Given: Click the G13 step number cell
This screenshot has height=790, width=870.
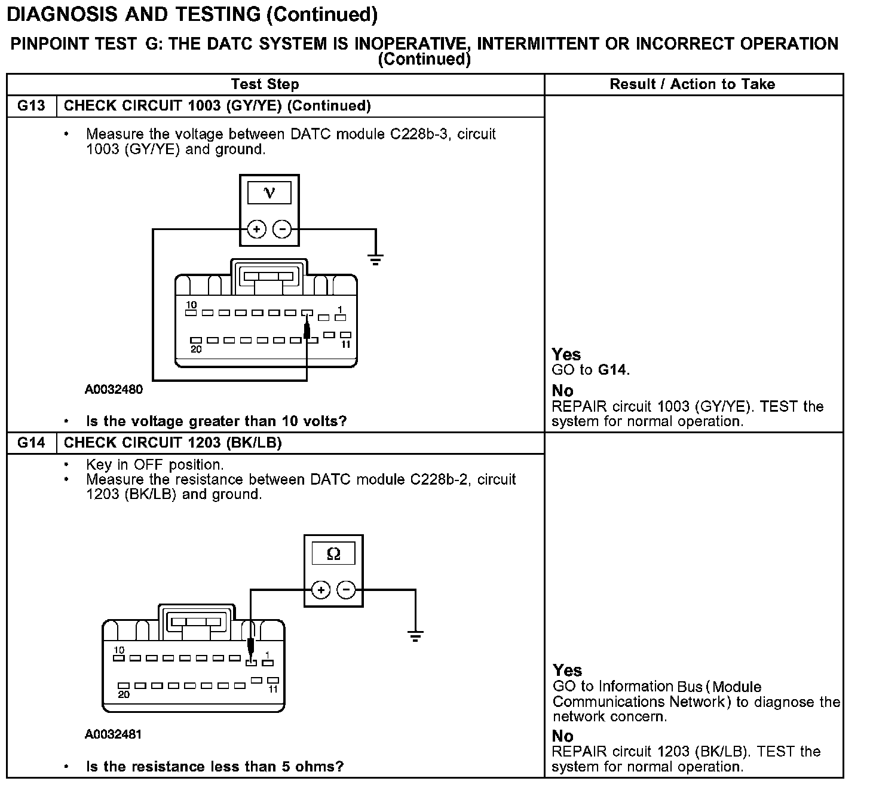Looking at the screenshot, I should [x=31, y=106].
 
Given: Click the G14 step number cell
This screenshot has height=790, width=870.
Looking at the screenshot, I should [x=31, y=443].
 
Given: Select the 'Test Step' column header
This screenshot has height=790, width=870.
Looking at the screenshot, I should [x=265, y=84].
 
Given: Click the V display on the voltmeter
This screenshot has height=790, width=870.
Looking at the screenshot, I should [x=269, y=193].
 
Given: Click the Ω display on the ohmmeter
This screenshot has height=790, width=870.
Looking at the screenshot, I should [x=333, y=554].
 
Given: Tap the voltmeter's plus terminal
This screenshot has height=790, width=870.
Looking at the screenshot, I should [x=256, y=229].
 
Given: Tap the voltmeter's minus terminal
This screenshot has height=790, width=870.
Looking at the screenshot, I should [x=282, y=229].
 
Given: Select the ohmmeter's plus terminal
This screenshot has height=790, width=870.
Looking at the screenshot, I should [x=321, y=590].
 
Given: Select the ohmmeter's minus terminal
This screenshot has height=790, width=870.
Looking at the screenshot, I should [x=347, y=590].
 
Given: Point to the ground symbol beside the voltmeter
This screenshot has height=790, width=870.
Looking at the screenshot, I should [x=375, y=259].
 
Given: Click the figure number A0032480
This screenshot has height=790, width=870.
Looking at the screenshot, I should [x=114, y=390].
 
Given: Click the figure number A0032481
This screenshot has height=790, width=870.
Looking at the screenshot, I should [x=114, y=734].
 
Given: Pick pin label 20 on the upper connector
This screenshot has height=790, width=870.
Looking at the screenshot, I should [x=196, y=350].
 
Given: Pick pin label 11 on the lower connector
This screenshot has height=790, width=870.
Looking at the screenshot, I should [x=273, y=690].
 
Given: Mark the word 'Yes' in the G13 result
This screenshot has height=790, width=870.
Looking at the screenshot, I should [x=566, y=354].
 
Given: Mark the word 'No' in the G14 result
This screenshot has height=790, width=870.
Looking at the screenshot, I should [x=563, y=736].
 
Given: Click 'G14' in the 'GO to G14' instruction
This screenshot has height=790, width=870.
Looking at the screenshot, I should [x=612, y=370].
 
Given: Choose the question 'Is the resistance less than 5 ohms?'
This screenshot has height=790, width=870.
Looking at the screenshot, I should [x=215, y=767].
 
